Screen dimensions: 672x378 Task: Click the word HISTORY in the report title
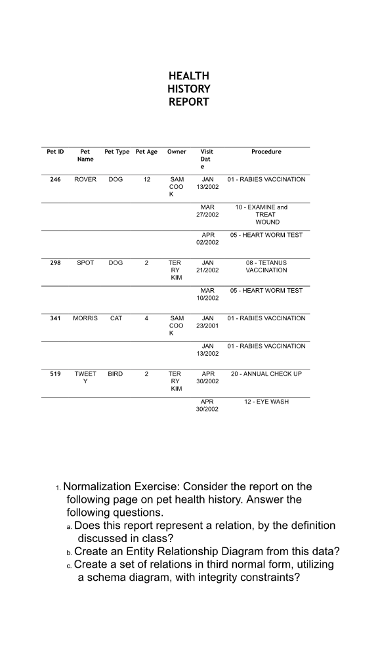[189, 89]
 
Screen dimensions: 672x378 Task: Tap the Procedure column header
[266, 152]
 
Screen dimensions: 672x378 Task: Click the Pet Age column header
[146, 152]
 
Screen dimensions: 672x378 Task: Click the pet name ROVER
[85, 179]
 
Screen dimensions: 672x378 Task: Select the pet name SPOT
[85, 262]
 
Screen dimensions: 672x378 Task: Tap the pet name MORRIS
[85, 318]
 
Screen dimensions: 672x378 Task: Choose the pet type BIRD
[115, 374]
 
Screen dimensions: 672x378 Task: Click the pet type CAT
[115, 318]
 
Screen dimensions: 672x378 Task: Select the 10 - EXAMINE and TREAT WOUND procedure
[266, 215]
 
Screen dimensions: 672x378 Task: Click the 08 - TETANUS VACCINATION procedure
[266, 266]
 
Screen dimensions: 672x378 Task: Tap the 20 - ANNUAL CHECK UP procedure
[266, 374]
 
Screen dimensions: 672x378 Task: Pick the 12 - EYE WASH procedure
[266, 402]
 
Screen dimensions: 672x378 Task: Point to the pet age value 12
[146, 179]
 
